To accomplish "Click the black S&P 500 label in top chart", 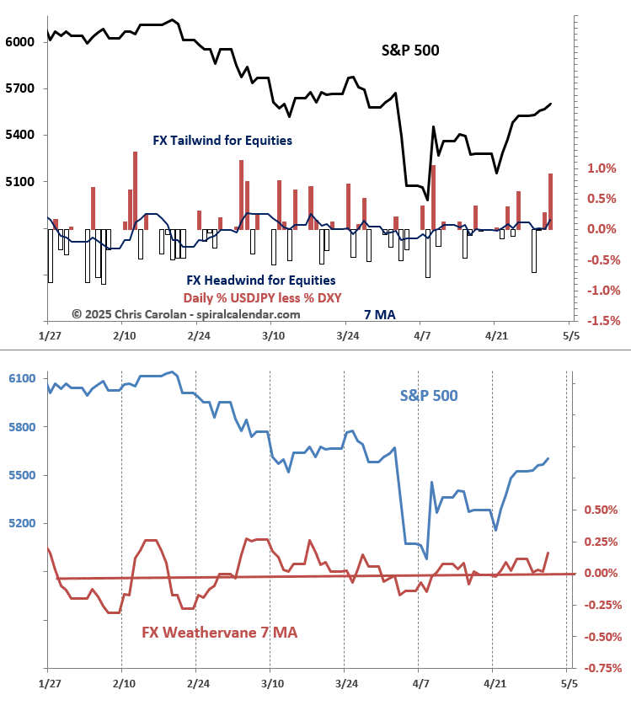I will [410, 51].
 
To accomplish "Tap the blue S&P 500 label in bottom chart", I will [429, 394].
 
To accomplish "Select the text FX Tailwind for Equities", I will [222, 140].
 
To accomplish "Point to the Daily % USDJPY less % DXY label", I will [262, 297].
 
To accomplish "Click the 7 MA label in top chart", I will [380, 315].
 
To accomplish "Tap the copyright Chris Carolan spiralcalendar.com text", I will [185, 314].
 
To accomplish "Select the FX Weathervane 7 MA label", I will [219, 632].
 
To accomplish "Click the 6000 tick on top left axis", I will [18, 42].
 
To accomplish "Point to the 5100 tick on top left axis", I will [18, 182].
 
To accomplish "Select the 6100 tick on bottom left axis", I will [18, 379].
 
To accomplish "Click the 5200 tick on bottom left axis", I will [18, 524].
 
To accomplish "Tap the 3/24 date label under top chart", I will [347, 335].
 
